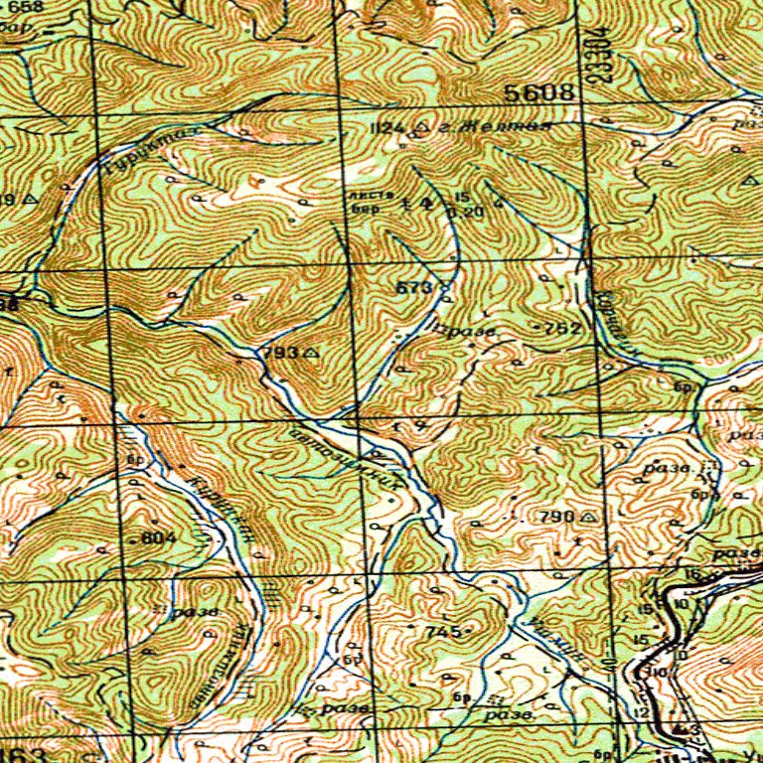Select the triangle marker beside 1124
coord(422,128)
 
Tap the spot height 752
coord(562,328)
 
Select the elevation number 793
coord(279,353)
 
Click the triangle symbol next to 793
coord(310,353)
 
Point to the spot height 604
coord(158,537)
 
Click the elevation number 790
coord(556,517)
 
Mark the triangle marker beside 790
coord(589,517)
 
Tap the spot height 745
coord(441,632)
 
